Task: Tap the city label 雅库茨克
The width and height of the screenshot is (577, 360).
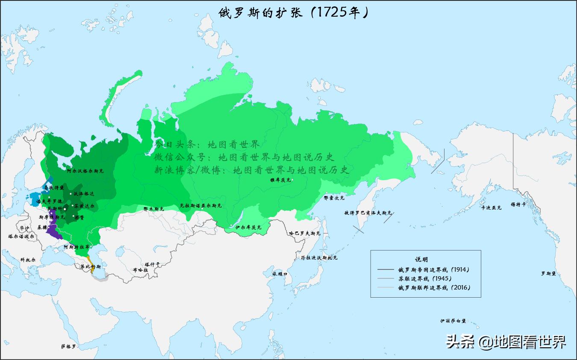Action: [280, 180]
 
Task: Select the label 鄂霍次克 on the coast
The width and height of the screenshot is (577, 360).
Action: [334, 198]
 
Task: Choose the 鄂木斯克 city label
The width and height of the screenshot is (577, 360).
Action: [153, 209]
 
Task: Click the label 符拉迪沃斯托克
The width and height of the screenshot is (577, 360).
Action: [319, 258]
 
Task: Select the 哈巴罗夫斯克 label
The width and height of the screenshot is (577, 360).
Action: [304, 234]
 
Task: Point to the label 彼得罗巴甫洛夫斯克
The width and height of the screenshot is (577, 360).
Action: [368, 213]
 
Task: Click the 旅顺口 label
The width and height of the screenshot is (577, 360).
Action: [279, 273]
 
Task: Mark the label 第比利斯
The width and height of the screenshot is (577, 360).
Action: [91, 267]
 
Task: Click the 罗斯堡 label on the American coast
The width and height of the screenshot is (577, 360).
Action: [548, 273]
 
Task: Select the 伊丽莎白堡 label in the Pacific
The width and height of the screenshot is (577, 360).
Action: [453, 321]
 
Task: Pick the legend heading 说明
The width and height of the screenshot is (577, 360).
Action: [421, 259]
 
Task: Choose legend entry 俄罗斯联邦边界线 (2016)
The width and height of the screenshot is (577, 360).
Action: [434, 288]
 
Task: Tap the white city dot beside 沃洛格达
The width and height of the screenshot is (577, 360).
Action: [71, 194]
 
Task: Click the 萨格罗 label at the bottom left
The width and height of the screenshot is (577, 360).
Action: [68, 346]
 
